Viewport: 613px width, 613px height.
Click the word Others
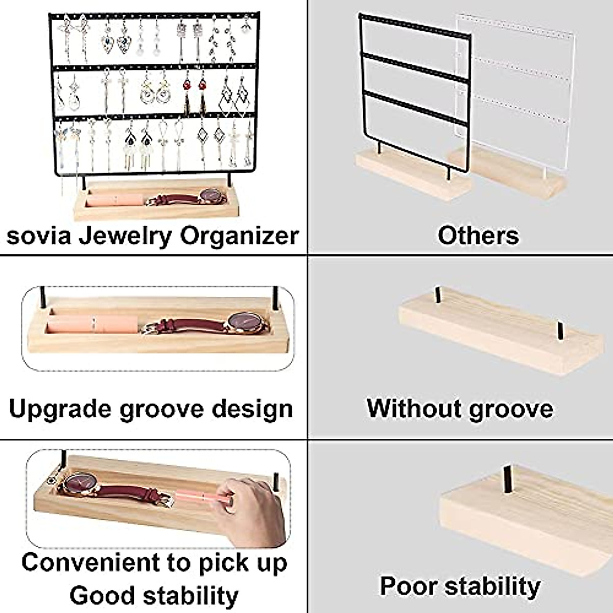[478, 235]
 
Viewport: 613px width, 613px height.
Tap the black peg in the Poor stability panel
[508, 479]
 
